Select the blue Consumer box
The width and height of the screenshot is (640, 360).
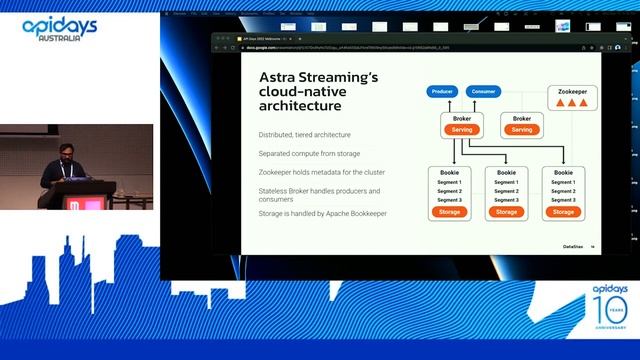(x=482, y=91)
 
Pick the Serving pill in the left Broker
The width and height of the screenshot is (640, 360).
(x=461, y=129)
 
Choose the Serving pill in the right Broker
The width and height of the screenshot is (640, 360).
(x=521, y=129)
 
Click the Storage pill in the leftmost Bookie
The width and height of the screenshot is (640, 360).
(x=448, y=212)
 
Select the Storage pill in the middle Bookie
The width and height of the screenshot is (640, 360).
(x=506, y=212)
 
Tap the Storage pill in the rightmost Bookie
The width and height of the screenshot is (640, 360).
(x=564, y=212)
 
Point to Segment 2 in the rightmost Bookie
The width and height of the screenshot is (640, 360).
(x=564, y=191)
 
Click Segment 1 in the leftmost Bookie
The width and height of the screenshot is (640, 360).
(x=448, y=182)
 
